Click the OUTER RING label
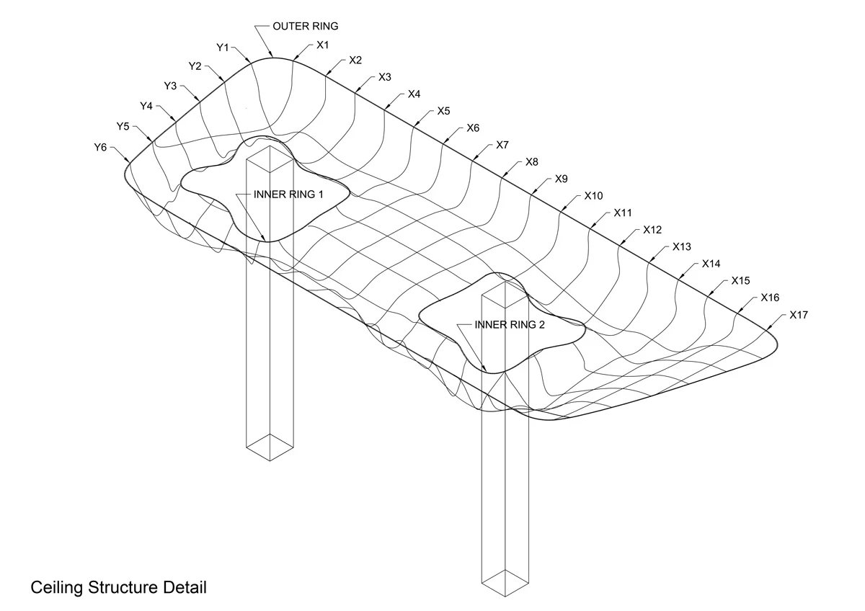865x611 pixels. click(x=305, y=26)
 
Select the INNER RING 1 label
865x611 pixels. click(x=289, y=195)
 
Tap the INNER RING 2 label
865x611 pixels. click(x=510, y=324)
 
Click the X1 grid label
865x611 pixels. click(x=323, y=45)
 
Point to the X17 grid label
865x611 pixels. click(x=799, y=315)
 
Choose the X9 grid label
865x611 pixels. click(x=561, y=179)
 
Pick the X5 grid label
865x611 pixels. click(x=443, y=111)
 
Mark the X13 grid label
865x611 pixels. click(x=681, y=246)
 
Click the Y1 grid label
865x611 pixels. click(x=223, y=48)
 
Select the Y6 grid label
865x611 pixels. click(x=100, y=147)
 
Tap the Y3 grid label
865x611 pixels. click(x=170, y=86)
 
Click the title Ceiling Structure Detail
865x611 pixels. click(x=118, y=587)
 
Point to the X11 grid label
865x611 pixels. click(x=623, y=213)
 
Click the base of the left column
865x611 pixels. click(x=270, y=447)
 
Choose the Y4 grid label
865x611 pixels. click(x=146, y=106)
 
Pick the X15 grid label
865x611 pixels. click(x=740, y=280)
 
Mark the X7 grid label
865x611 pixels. click(x=502, y=145)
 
